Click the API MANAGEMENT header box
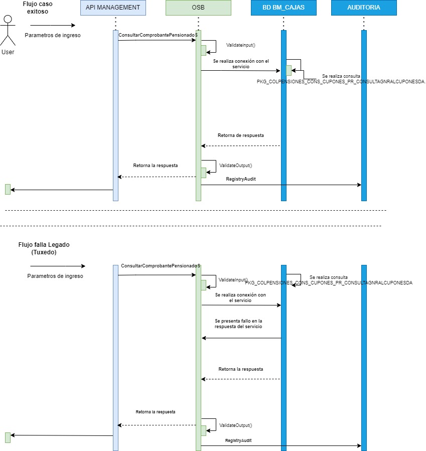click(113, 8)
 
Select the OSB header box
click(198, 8)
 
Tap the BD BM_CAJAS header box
click(283, 8)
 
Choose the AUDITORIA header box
click(364, 8)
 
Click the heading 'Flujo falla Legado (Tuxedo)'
click(44, 248)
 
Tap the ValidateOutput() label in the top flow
click(235, 165)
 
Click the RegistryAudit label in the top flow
click(241, 179)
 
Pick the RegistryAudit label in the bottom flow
click(238, 440)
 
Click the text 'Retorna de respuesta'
click(240, 135)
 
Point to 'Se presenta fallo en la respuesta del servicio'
click(238, 324)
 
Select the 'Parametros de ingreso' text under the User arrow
click(53, 35)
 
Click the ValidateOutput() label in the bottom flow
click(235, 425)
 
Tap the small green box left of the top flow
click(8, 189)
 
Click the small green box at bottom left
click(8, 437)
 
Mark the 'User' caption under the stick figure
click(8, 52)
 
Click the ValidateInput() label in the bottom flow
click(233, 279)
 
